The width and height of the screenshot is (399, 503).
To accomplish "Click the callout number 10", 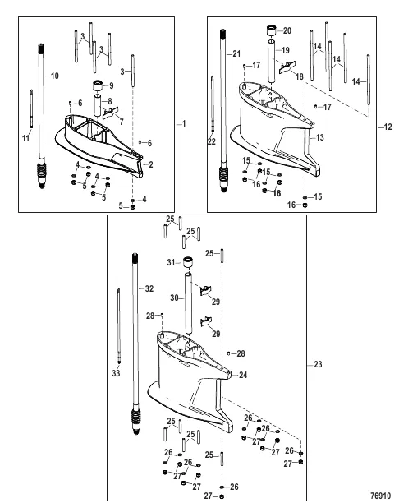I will click(55, 76).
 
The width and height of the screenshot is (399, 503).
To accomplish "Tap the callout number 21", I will click(236, 53).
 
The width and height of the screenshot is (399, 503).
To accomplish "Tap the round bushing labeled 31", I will click(186, 265).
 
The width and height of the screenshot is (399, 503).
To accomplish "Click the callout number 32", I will click(149, 288).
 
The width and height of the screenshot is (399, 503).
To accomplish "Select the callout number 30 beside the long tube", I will click(173, 298).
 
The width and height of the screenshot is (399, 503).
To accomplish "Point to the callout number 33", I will click(114, 373).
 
